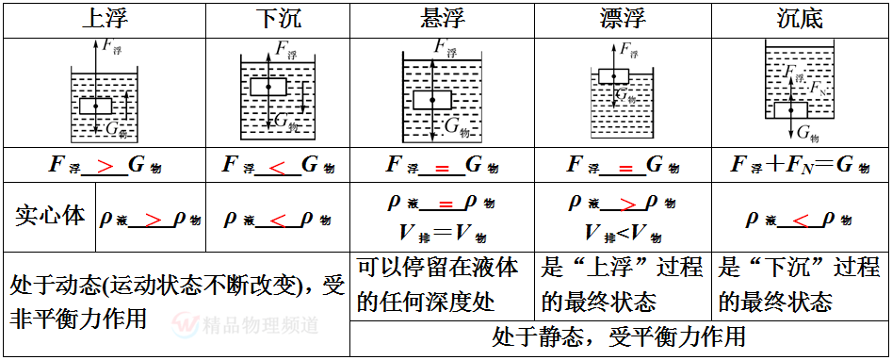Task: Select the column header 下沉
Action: [x=279, y=20]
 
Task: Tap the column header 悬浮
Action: [x=441, y=20]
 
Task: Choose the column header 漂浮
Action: [x=623, y=20]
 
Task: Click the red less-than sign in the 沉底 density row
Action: [x=800, y=220]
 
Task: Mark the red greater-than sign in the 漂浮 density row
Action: [x=624, y=203]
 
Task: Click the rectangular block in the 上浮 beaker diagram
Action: [x=95, y=106]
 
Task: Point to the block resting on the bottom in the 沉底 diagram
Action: [x=791, y=109]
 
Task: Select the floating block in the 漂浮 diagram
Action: [x=614, y=76]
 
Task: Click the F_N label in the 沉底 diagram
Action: [x=819, y=89]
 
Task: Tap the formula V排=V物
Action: [x=441, y=232]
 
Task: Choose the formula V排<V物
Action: [x=623, y=232]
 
